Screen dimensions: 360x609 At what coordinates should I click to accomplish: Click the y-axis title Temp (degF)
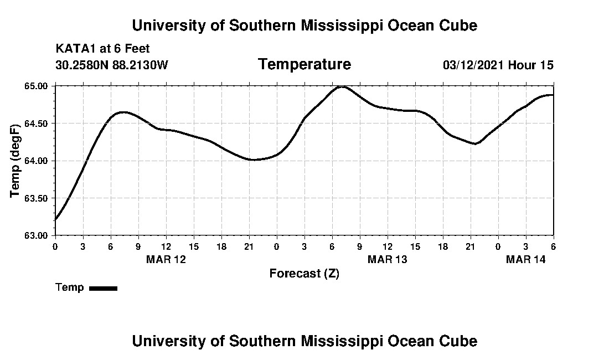point(16,161)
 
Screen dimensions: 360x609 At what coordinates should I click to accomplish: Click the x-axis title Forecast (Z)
point(304,274)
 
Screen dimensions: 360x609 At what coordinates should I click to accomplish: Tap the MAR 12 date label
point(166,259)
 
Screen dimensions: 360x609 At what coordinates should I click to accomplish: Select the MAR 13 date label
point(387,259)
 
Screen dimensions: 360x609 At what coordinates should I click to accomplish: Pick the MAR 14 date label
point(525,259)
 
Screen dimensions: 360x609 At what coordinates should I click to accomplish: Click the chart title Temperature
point(304,64)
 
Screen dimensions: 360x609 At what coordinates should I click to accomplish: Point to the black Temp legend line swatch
point(103,288)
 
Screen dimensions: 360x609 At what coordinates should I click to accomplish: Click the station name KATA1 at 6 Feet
point(102,49)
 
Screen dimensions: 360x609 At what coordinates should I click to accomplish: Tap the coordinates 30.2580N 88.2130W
point(112,65)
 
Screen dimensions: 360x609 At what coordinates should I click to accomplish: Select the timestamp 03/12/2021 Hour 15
point(498,65)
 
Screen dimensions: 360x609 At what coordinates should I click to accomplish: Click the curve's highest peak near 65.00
point(342,86)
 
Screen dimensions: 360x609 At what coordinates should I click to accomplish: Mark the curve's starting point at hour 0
point(55,219)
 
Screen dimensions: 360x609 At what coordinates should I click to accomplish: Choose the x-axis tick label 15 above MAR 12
point(194,246)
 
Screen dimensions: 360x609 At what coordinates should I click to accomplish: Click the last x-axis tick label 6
point(553,246)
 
